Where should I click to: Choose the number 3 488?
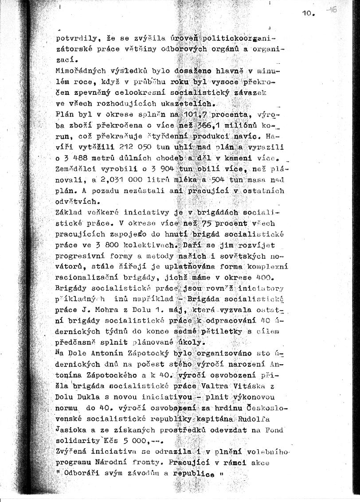coord(79,158)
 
